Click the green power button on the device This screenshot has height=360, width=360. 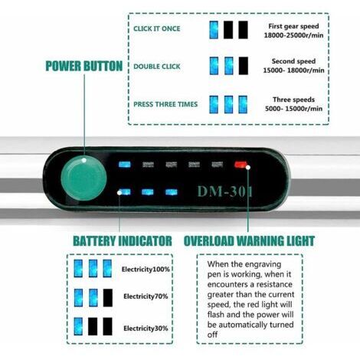point(83,178)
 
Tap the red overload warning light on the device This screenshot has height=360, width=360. point(241,164)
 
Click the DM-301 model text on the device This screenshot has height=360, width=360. point(225,191)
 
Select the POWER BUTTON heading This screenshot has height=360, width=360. point(84,66)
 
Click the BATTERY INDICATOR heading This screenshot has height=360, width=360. point(123,241)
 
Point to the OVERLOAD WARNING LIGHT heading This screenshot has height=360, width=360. point(249,241)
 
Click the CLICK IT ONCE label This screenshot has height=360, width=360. point(157,28)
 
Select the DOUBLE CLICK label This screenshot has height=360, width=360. point(157,67)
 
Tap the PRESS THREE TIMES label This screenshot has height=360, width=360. point(165,104)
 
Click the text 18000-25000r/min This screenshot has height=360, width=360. point(293,35)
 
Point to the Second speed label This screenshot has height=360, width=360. point(293,61)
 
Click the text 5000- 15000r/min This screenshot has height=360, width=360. point(293,109)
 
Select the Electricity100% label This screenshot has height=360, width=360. point(146,270)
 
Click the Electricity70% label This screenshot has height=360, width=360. point(146,296)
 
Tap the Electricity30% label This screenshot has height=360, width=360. point(146,329)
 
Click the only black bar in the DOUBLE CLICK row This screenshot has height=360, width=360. point(244,66)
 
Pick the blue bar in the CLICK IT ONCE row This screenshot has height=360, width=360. point(214,30)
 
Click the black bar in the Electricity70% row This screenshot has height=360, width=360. point(108,298)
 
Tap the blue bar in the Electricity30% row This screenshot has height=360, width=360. point(78,326)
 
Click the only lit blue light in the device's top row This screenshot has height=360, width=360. point(125,164)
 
